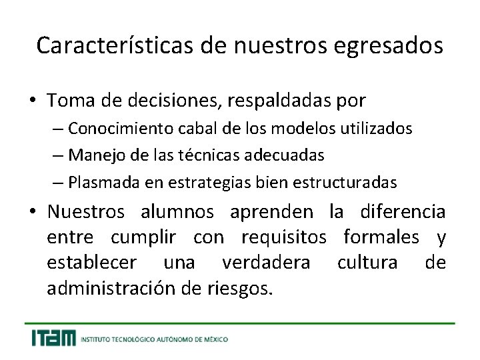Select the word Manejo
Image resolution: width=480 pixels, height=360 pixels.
tap(91, 155)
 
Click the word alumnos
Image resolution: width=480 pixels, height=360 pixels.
tap(177, 212)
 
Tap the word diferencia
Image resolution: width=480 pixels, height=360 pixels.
tap(403, 212)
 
